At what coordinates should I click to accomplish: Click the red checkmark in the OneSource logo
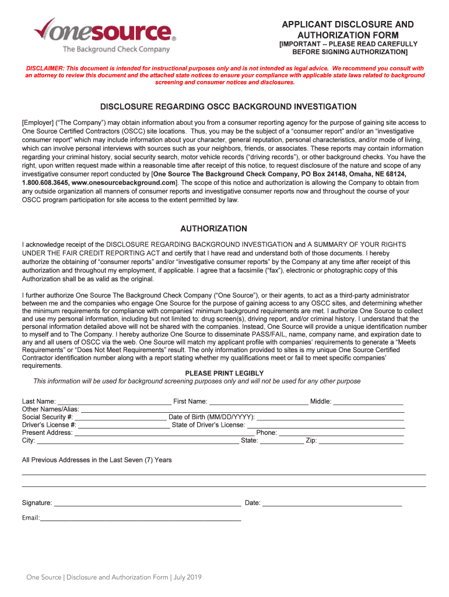click(x=47, y=29)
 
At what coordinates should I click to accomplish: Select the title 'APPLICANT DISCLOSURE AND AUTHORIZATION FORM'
click(x=348, y=30)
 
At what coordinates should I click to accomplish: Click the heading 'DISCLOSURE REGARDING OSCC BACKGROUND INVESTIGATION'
click(x=229, y=107)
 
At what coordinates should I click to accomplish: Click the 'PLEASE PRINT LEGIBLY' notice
click(x=224, y=373)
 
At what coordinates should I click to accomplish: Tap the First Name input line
click(x=258, y=402)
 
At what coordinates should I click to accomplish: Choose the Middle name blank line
click(x=368, y=402)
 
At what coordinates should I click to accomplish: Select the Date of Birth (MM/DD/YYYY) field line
click(x=331, y=418)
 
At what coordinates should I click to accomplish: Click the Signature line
click(x=147, y=504)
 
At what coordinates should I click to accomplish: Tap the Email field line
click(x=140, y=519)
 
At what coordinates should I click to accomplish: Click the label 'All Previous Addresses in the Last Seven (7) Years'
click(x=97, y=460)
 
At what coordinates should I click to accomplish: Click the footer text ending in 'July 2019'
click(x=114, y=577)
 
